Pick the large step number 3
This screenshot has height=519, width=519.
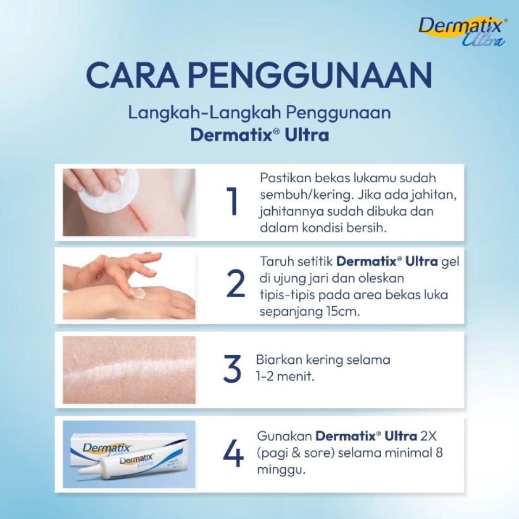point(232,369)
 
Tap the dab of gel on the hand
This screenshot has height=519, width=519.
point(137,292)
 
